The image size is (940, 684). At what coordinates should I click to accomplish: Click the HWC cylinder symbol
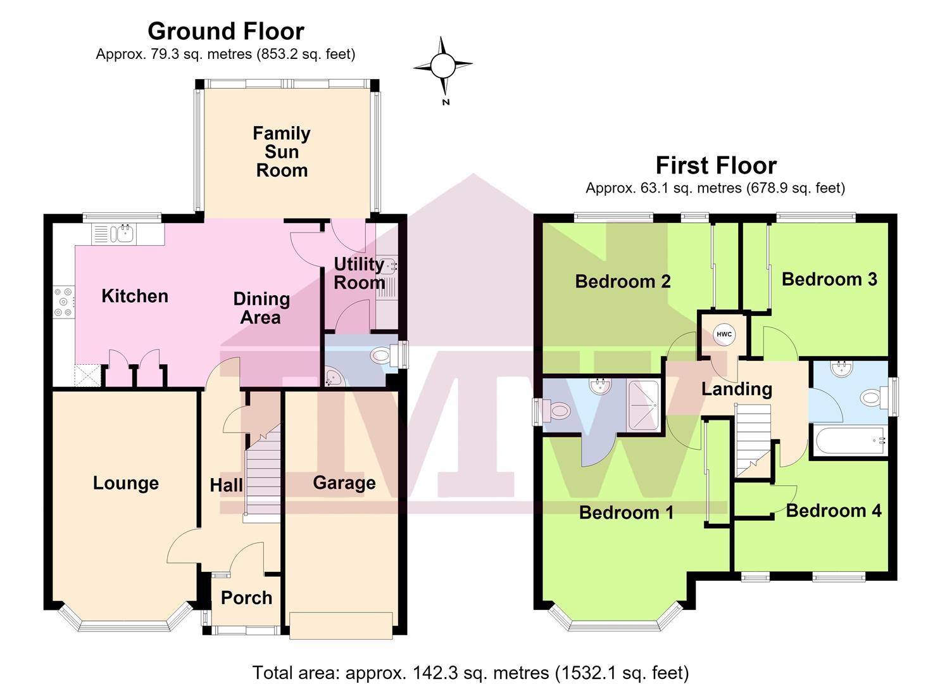(x=724, y=334)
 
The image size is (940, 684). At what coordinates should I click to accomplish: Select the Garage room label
(x=344, y=483)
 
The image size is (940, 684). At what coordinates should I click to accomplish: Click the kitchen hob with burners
(x=63, y=301)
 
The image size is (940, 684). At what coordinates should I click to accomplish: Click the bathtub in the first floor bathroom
(x=850, y=440)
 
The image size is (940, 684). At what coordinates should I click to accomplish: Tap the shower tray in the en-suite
(x=642, y=404)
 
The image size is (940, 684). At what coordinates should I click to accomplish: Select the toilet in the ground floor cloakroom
(x=386, y=355)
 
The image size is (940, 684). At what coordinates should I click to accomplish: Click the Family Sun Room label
(x=282, y=151)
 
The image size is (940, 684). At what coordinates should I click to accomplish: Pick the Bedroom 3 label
(x=829, y=279)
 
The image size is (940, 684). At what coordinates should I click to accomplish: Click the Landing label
(x=736, y=389)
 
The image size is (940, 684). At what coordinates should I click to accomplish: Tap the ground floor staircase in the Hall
(x=263, y=473)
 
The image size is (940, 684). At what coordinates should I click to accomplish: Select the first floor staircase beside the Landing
(x=754, y=440)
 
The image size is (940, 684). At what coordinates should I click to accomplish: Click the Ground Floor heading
(x=226, y=31)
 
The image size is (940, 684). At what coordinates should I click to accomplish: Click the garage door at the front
(x=341, y=626)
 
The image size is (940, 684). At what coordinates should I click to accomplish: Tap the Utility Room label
(x=359, y=274)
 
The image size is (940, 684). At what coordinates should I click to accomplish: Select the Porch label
(x=247, y=598)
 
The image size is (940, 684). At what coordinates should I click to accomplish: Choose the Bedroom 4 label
(x=834, y=510)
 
